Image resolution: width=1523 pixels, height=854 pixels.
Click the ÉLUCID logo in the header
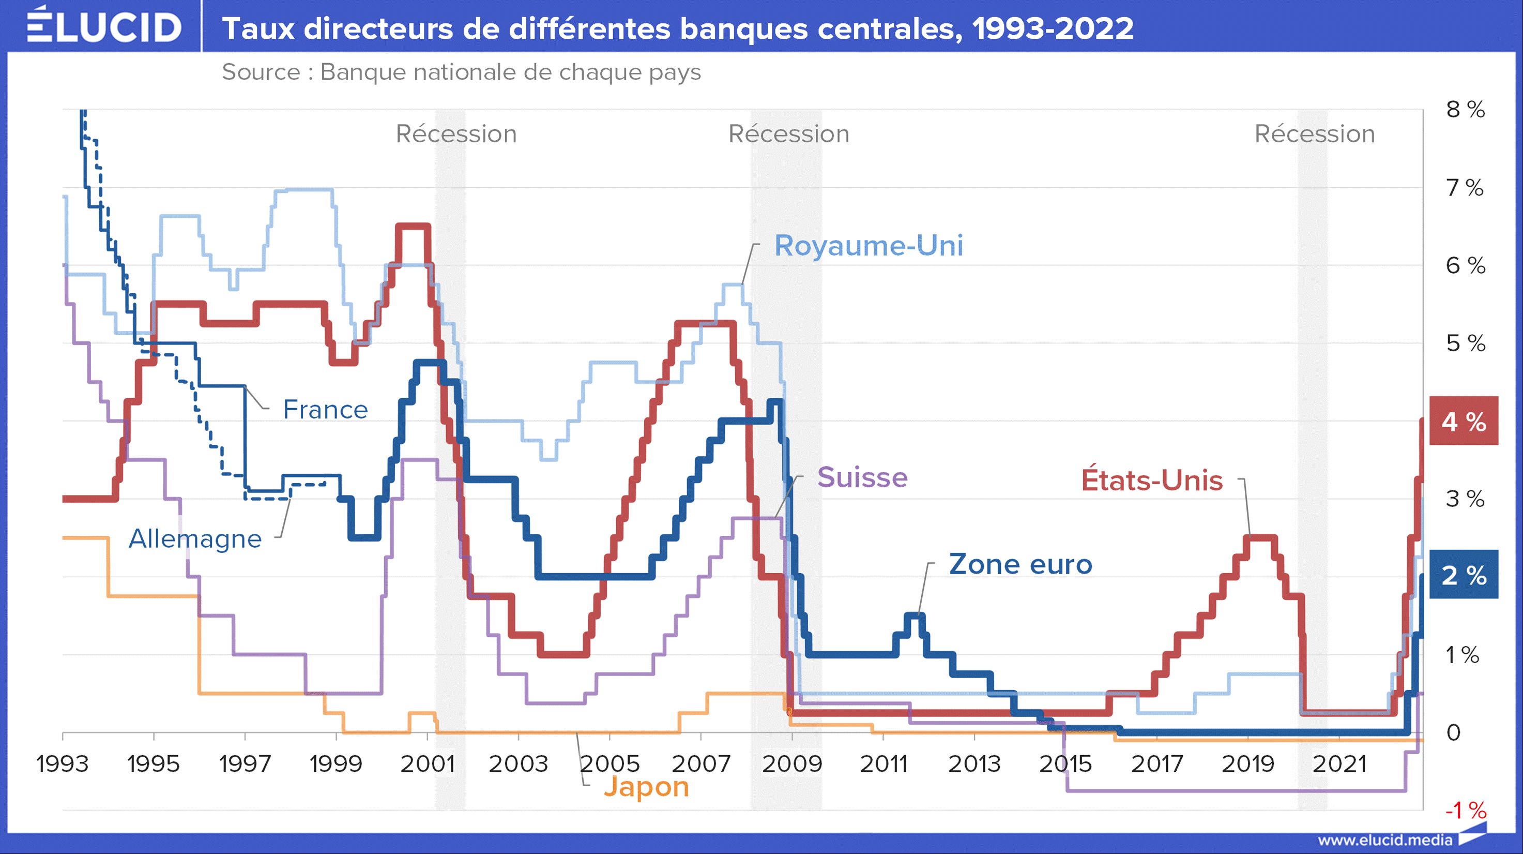pos(104,26)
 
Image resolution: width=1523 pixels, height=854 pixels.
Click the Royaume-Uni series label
pos(869,245)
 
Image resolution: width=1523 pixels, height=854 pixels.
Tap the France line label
pos(325,409)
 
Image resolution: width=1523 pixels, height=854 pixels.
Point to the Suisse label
pos(862,477)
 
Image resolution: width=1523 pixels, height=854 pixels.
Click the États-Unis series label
pos(1152,480)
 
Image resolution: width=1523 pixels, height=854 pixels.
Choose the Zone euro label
pos(1021,564)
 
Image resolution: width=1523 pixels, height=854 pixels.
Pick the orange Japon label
pos(646,787)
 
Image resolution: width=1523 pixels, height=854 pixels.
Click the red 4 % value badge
pos(1463,421)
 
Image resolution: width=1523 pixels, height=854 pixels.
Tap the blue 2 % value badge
pos(1463,575)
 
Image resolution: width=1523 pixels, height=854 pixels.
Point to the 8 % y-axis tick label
pos(1465,110)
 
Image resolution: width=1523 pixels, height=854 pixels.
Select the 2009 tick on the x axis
pos(792,764)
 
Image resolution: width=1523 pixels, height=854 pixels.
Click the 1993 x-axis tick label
pos(63,764)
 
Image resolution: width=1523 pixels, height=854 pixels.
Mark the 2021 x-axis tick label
pos(1339,764)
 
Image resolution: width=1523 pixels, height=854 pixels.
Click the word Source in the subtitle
pos(261,72)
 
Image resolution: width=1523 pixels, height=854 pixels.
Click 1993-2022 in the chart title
pos(1053,28)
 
